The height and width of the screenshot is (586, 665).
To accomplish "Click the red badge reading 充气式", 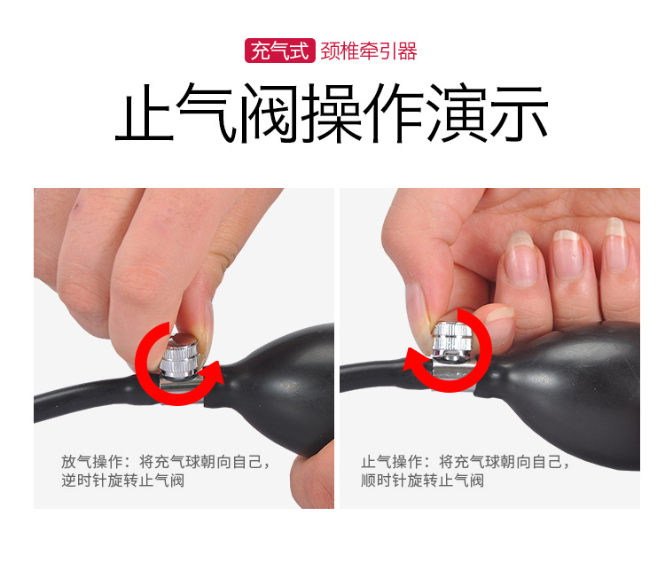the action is click(x=280, y=51).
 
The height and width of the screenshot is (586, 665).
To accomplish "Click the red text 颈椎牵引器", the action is click(x=369, y=51).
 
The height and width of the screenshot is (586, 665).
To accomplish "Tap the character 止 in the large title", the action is click(x=145, y=113).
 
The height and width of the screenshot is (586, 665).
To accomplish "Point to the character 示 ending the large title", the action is click(x=519, y=113).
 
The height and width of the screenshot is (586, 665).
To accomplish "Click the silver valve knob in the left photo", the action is click(x=178, y=356).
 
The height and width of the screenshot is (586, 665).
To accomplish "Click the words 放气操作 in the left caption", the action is click(x=91, y=461).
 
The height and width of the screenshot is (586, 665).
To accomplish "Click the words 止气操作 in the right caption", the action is click(x=391, y=461).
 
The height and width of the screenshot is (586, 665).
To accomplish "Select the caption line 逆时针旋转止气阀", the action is click(x=122, y=481).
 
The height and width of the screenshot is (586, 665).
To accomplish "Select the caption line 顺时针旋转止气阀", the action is click(x=422, y=481).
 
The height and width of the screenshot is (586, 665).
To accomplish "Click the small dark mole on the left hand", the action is click(x=77, y=207).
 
